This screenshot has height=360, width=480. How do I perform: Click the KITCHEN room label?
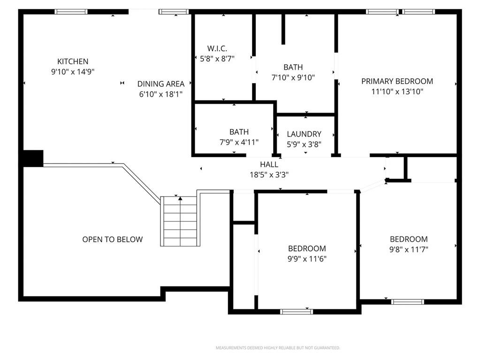pos(73,61)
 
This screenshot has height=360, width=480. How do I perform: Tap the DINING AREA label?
pos(161,84)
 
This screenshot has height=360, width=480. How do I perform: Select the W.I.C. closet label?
pos(217,48)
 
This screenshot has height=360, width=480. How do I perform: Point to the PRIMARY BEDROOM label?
pos(397,81)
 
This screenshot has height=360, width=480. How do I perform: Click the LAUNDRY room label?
pos(304,134)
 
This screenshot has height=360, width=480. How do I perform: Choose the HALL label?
pos(269,164)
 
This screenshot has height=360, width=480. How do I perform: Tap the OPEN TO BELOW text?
pos(112,239)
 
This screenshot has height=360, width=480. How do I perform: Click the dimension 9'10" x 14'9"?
pos(73,72)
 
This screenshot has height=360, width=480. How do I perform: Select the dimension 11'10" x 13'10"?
pos(397,92)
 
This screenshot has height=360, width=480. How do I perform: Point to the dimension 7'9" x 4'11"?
pos(239,142)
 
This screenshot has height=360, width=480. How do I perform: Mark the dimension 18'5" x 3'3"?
pos(269,175)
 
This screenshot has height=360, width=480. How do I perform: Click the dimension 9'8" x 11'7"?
pos(409,250)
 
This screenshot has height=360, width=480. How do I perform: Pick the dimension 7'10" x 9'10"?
pos(293,77)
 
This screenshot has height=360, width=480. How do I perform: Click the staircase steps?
pos(180,221)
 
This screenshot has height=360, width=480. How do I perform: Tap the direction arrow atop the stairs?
pos(180,199)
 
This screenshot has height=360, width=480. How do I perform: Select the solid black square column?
pos(33,158)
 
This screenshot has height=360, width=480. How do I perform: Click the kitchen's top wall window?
pos(71,12)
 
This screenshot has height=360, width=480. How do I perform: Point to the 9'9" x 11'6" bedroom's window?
pos(297,312)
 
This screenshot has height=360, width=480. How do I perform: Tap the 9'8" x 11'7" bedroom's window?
pos(407,302)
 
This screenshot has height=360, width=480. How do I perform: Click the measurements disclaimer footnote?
pos(278,348)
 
